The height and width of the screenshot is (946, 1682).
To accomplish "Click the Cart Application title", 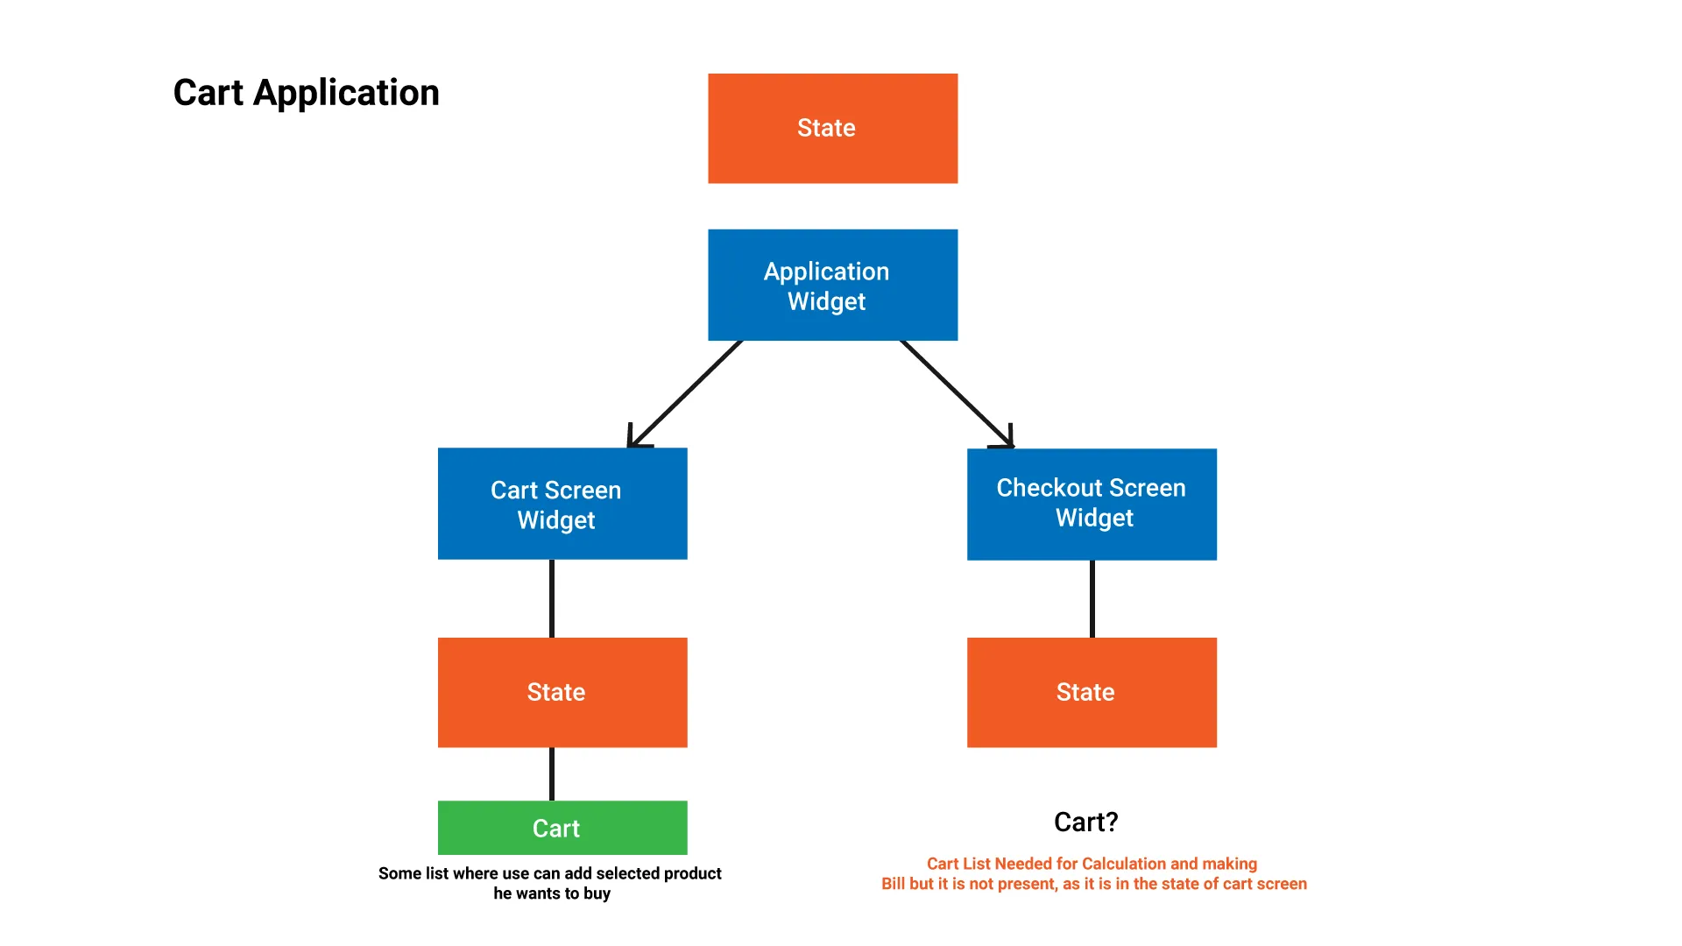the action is (x=307, y=93).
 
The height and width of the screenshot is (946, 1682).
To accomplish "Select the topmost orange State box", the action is (x=832, y=128).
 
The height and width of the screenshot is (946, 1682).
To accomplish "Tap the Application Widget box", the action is (x=832, y=285).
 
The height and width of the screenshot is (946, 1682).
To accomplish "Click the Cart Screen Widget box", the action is (x=562, y=504).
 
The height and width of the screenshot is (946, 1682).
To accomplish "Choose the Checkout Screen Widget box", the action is (x=1092, y=505).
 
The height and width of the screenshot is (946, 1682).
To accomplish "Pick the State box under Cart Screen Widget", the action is (x=562, y=692).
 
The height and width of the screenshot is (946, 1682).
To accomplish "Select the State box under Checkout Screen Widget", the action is (x=1092, y=692).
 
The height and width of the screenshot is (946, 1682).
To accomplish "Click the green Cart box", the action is (x=562, y=828).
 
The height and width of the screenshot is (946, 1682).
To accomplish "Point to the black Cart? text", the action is (x=1086, y=822).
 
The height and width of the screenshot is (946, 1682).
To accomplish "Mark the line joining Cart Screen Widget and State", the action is (x=552, y=598).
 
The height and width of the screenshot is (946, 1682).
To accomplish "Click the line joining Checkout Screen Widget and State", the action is (x=1092, y=599).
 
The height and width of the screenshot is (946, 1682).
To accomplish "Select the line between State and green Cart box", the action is (x=552, y=774).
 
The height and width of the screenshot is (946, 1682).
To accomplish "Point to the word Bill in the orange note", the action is (x=894, y=884).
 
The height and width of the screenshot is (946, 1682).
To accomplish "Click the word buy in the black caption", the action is (x=597, y=894).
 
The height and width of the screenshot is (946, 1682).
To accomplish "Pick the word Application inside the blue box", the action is (x=826, y=272).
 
